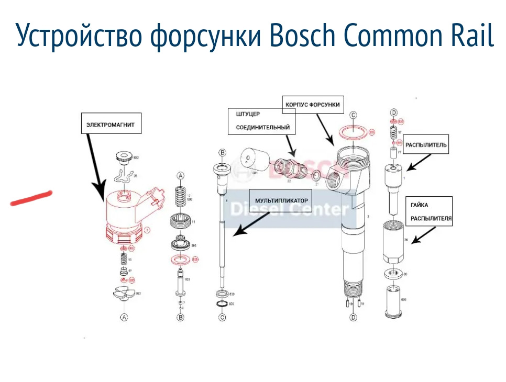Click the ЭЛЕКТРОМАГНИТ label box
click(x=111, y=126)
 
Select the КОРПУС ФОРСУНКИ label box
click(x=313, y=105)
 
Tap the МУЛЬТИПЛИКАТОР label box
click(x=281, y=200)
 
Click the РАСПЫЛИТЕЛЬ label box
click(x=427, y=145)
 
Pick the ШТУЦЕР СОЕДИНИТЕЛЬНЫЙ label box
click(x=261, y=121)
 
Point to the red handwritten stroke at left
click(x=31, y=198)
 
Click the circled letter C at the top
click(x=353, y=115)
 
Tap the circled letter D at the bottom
click(x=353, y=317)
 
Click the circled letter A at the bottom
click(x=124, y=317)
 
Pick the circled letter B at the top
click(x=222, y=153)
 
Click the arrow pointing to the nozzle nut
click(x=422, y=239)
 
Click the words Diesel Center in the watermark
click(x=289, y=210)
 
